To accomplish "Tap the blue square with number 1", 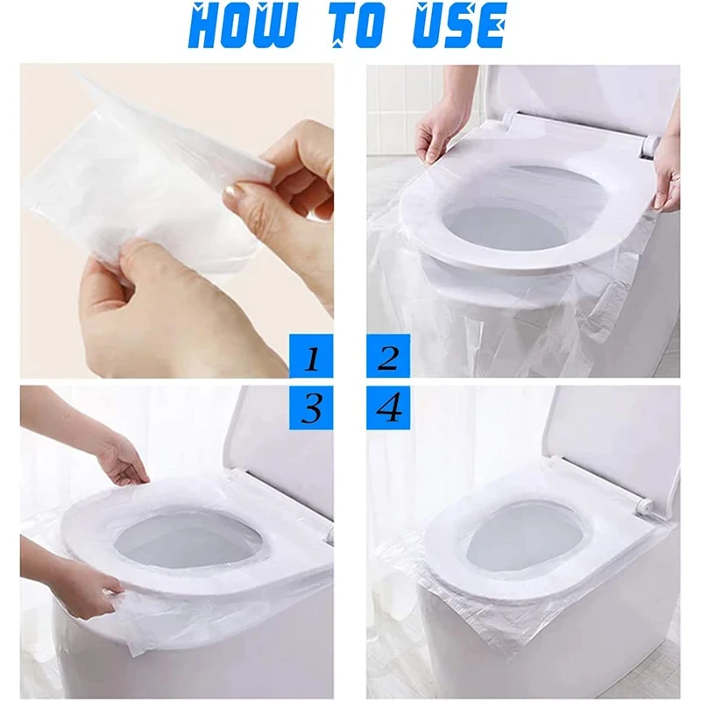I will [x=311, y=358].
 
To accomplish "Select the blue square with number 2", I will [x=388, y=358].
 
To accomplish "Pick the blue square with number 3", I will [x=311, y=407].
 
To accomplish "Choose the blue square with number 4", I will [x=388, y=407].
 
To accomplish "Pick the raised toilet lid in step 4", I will [x=613, y=438].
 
